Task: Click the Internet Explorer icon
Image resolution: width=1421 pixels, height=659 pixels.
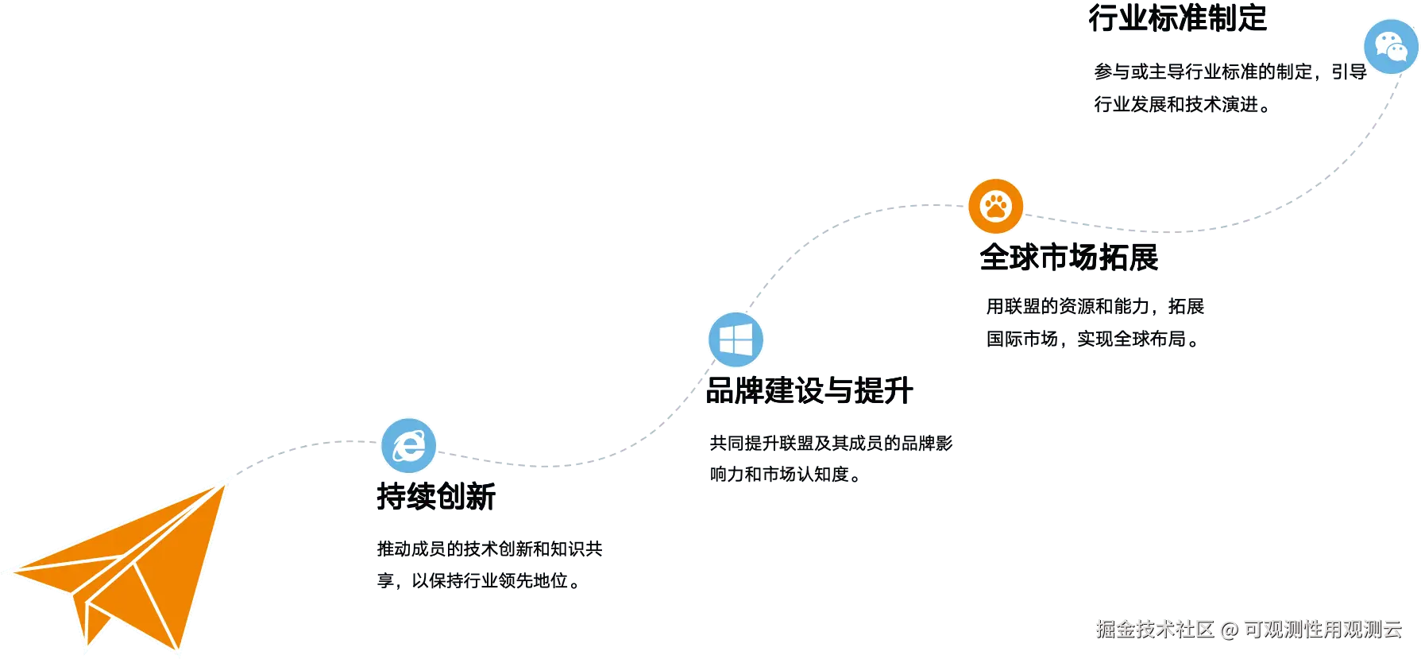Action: coord(408,445)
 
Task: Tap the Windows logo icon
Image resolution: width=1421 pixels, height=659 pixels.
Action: coord(736,340)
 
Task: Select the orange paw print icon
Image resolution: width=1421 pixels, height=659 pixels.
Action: coord(994,207)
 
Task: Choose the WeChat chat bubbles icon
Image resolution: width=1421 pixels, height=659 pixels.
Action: coord(1391,46)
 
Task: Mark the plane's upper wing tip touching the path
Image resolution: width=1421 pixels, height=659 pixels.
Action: coord(226,481)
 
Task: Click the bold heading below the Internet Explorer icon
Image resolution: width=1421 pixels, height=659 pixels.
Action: coord(435,497)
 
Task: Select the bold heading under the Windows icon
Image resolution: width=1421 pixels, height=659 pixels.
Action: coord(810,391)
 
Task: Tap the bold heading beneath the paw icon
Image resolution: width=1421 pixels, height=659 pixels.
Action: coord(1070,258)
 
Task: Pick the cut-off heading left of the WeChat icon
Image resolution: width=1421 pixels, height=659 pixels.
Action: coord(1178,17)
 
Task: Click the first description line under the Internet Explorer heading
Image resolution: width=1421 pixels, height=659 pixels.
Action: coord(488,549)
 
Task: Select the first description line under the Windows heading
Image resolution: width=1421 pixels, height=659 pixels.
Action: coord(828,442)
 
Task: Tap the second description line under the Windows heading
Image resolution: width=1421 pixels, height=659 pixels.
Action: coord(782,474)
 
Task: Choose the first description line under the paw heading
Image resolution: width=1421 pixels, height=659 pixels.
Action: coord(1095,306)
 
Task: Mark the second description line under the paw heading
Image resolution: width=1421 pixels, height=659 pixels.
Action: coord(1091,339)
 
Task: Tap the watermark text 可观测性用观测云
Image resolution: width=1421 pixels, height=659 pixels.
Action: coord(1322,629)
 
